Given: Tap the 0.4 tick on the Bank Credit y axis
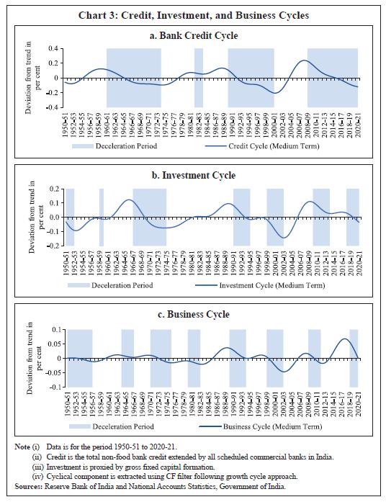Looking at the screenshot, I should (53, 48).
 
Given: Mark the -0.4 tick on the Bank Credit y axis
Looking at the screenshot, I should (52, 107).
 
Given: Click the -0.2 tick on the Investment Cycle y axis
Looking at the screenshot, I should (52, 246).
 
